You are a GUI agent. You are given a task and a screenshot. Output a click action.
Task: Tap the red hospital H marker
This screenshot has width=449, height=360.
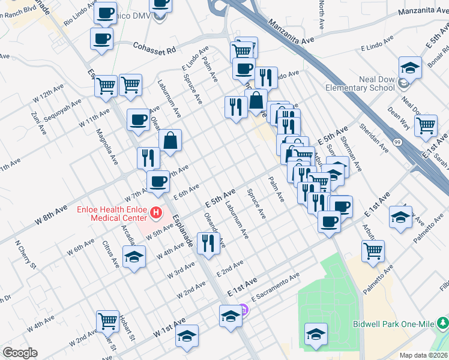[156, 212]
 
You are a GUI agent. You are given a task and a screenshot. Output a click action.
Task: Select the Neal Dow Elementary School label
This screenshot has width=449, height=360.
[360, 83]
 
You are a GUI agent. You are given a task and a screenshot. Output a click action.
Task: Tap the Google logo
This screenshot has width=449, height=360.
[20, 353]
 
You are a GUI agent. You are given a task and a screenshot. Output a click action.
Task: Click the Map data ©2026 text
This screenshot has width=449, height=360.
[422, 355]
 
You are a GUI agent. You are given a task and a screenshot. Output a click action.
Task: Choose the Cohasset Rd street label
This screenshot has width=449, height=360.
[154, 48]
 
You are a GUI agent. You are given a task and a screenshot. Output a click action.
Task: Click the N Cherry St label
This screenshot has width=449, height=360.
[26, 256]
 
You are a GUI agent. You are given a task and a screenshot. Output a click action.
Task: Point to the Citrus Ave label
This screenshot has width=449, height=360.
[111, 253]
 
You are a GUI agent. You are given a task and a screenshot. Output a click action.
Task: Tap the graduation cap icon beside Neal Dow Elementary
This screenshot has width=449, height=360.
[411, 67]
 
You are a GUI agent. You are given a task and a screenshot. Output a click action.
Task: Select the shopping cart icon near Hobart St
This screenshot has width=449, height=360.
[107, 320]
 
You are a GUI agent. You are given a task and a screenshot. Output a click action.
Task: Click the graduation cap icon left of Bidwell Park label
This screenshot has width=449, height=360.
[316, 333]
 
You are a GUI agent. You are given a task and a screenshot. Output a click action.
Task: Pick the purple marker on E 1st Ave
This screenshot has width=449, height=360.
[243, 310]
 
